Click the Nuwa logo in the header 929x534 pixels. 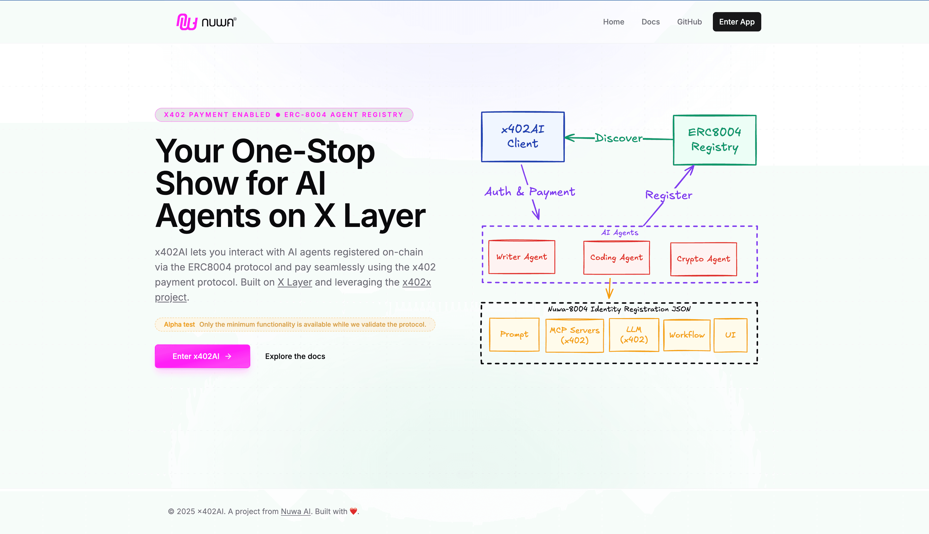coord(206,22)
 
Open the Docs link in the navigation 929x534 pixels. coord(650,22)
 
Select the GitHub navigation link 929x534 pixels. coord(689,22)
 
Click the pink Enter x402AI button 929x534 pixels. coord(202,356)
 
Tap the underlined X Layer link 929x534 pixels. coord(295,282)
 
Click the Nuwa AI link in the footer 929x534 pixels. coord(295,511)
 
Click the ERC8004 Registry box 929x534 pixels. coord(714,140)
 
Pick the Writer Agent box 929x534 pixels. coord(522,257)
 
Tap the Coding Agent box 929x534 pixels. coord(617,258)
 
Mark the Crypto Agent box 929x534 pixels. coord(703,259)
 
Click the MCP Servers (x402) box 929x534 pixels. coord(574,335)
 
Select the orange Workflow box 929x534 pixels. coord(687,335)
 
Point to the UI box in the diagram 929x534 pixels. coord(730,335)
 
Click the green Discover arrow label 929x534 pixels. coord(619,138)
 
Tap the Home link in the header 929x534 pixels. coord(613,22)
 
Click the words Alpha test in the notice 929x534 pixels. coord(179,325)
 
